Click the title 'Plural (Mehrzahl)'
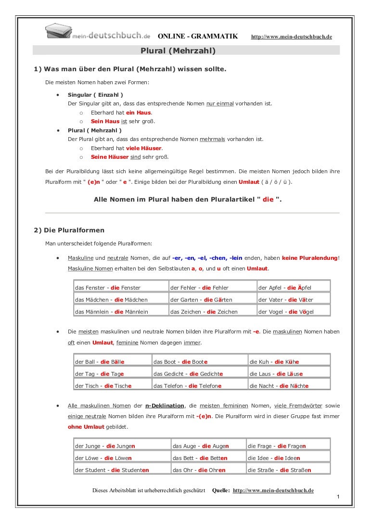[178, 51]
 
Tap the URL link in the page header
[292, 37]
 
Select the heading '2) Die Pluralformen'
[69, 230]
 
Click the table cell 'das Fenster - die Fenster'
[108, 288]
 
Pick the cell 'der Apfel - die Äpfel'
[285, 288]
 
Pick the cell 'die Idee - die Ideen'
[274, 458]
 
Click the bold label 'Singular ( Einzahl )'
[95, 95]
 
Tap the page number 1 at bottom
[338, 496]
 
